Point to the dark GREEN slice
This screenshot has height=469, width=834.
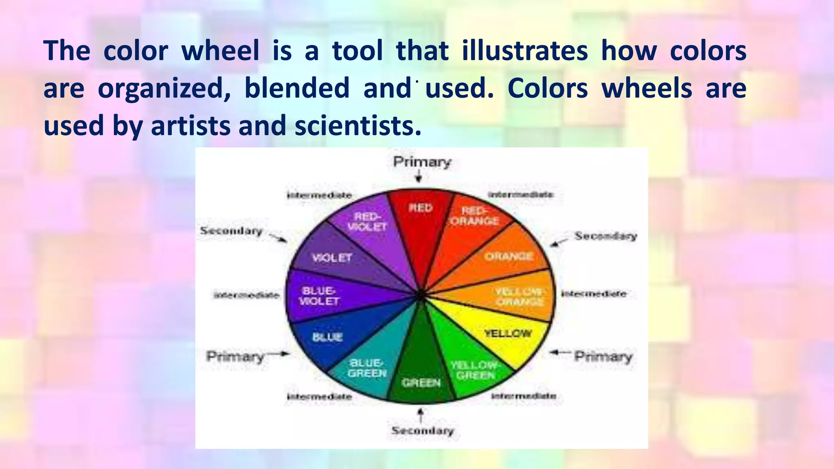coord(421,375)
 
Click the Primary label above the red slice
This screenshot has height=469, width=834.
coord(422,162)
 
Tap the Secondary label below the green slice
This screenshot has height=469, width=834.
coord(422,430)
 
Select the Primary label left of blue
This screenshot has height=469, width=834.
coord(235,357)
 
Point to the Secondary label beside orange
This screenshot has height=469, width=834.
coord(606,236)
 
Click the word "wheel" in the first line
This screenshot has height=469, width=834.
coord(220,51)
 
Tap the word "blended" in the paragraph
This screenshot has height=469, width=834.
coord(297,88)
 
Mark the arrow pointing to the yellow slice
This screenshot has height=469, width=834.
coord(560,353)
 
